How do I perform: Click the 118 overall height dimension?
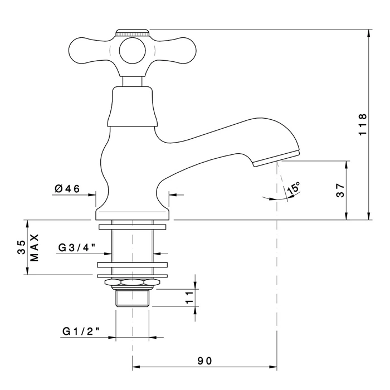click(x=363, y=124)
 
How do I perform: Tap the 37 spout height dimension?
click(x=340, y=191)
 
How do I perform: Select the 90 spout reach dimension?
click(x=205, y=360)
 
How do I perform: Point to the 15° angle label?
click(x=294, y=188)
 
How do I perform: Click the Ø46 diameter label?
click(x=67, y=188)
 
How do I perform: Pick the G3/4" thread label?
click(x=77, y=247)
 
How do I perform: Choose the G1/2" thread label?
click(x=81, y=331)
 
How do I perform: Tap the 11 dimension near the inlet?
click(x=189, y=298)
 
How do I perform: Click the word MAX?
click(x=35, y=247)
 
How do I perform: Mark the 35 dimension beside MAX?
click(x=21, y=247)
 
